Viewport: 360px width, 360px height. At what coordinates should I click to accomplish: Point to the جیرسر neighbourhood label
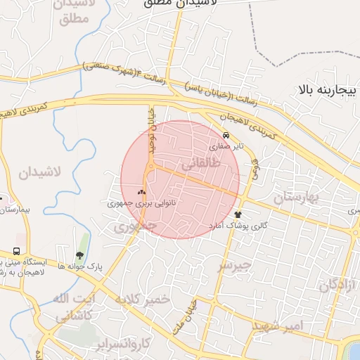click(x=233, y=264)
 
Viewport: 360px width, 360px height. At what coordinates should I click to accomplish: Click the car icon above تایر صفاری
click(x=226, y=135)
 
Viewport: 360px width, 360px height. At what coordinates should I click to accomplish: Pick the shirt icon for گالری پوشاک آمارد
click(x=238, y=214)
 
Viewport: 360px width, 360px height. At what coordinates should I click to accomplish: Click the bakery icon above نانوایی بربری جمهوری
click(x=141, y=191)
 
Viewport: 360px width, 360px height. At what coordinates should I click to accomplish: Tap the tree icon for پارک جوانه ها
click(x=79, y=255)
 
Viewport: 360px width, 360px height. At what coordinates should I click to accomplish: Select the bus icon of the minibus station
click(x=16, y=251)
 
